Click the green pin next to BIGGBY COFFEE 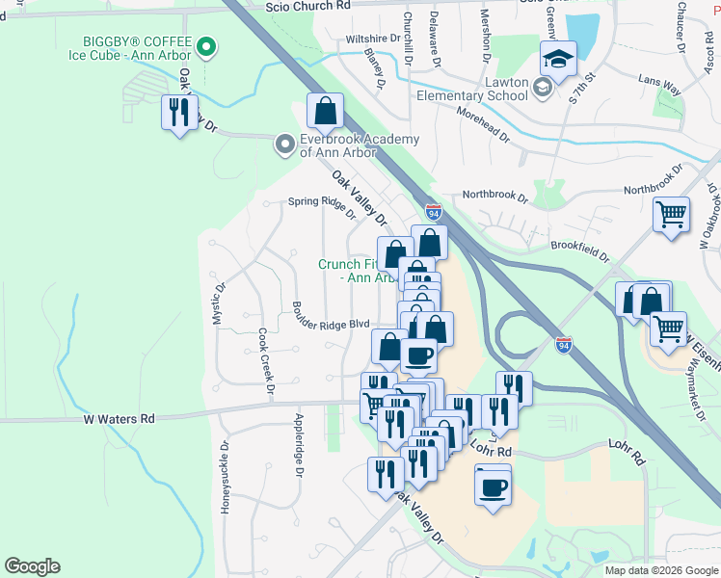pos(204,45)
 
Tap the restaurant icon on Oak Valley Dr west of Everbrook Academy pos(179,114)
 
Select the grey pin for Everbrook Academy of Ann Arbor pos(284,144)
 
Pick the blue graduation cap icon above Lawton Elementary pos(557,61)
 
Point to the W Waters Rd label pos(119,419)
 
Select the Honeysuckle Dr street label pos(225,477)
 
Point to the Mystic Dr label pos(219,302)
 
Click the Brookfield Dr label pos(580,251)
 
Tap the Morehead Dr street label pos(475,126)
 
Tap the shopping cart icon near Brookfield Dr pos(671,214)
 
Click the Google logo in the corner pos(32,566)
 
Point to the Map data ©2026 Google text pos(661,570)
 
